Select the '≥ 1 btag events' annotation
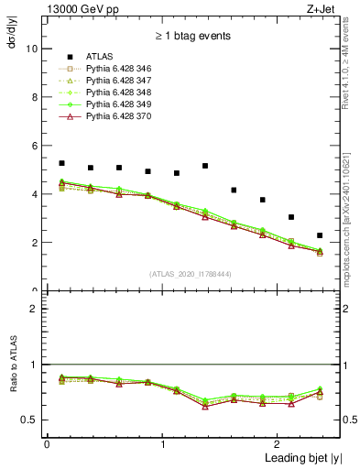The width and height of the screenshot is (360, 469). tap(192, 36)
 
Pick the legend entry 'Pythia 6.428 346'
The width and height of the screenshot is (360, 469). tap(122, 70)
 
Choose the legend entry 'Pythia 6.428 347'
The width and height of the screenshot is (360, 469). tap(122, 82)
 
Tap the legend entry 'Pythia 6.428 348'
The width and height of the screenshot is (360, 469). tap(122, 93)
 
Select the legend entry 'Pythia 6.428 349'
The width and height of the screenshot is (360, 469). tap(122, 105)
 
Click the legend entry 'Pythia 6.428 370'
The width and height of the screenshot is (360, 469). tap(122, 117)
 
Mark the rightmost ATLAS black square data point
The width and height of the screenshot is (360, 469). tap(320, 235)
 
